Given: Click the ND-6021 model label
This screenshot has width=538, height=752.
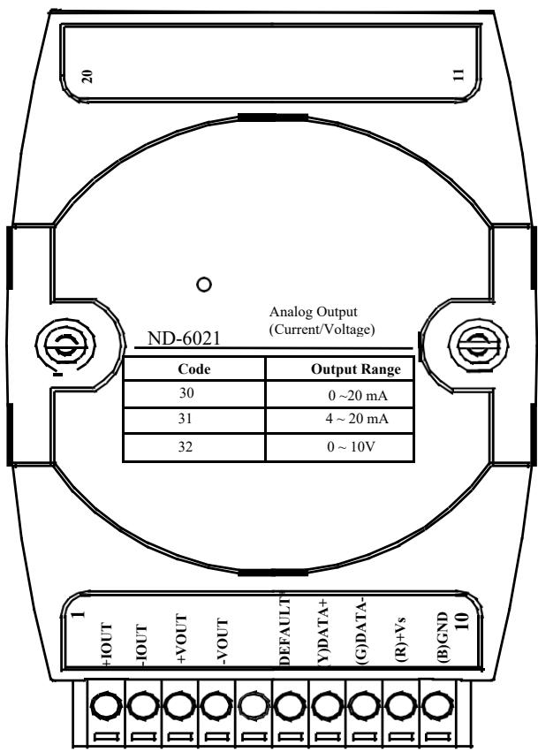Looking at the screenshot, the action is click(184, 338).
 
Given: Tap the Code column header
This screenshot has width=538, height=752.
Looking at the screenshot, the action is click(193, 368).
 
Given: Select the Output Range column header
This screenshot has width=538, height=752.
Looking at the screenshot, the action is click(355, 368).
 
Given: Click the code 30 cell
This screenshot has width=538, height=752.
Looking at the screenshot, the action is click(186, 393).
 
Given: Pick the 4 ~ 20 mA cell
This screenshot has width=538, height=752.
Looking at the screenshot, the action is click(357, 419).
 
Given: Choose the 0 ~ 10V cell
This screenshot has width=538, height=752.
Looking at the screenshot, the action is click(351, 446).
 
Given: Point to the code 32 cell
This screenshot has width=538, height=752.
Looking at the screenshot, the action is click(186, 446).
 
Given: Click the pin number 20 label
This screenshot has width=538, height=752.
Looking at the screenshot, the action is click(87, 76).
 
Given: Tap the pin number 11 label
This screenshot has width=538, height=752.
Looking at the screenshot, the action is click(458, 74).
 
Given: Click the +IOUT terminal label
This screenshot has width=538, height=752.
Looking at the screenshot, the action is click(106, 644).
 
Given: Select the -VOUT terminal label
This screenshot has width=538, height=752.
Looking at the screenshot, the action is click(223, 642).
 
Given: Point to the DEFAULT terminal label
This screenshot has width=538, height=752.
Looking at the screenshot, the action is click(284, 631).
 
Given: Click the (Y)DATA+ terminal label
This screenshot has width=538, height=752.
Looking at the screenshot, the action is click(323, 632).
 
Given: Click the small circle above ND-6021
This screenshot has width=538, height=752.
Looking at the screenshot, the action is click(204, 285).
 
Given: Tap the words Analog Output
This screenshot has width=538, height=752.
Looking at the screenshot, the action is click(313, 312).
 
